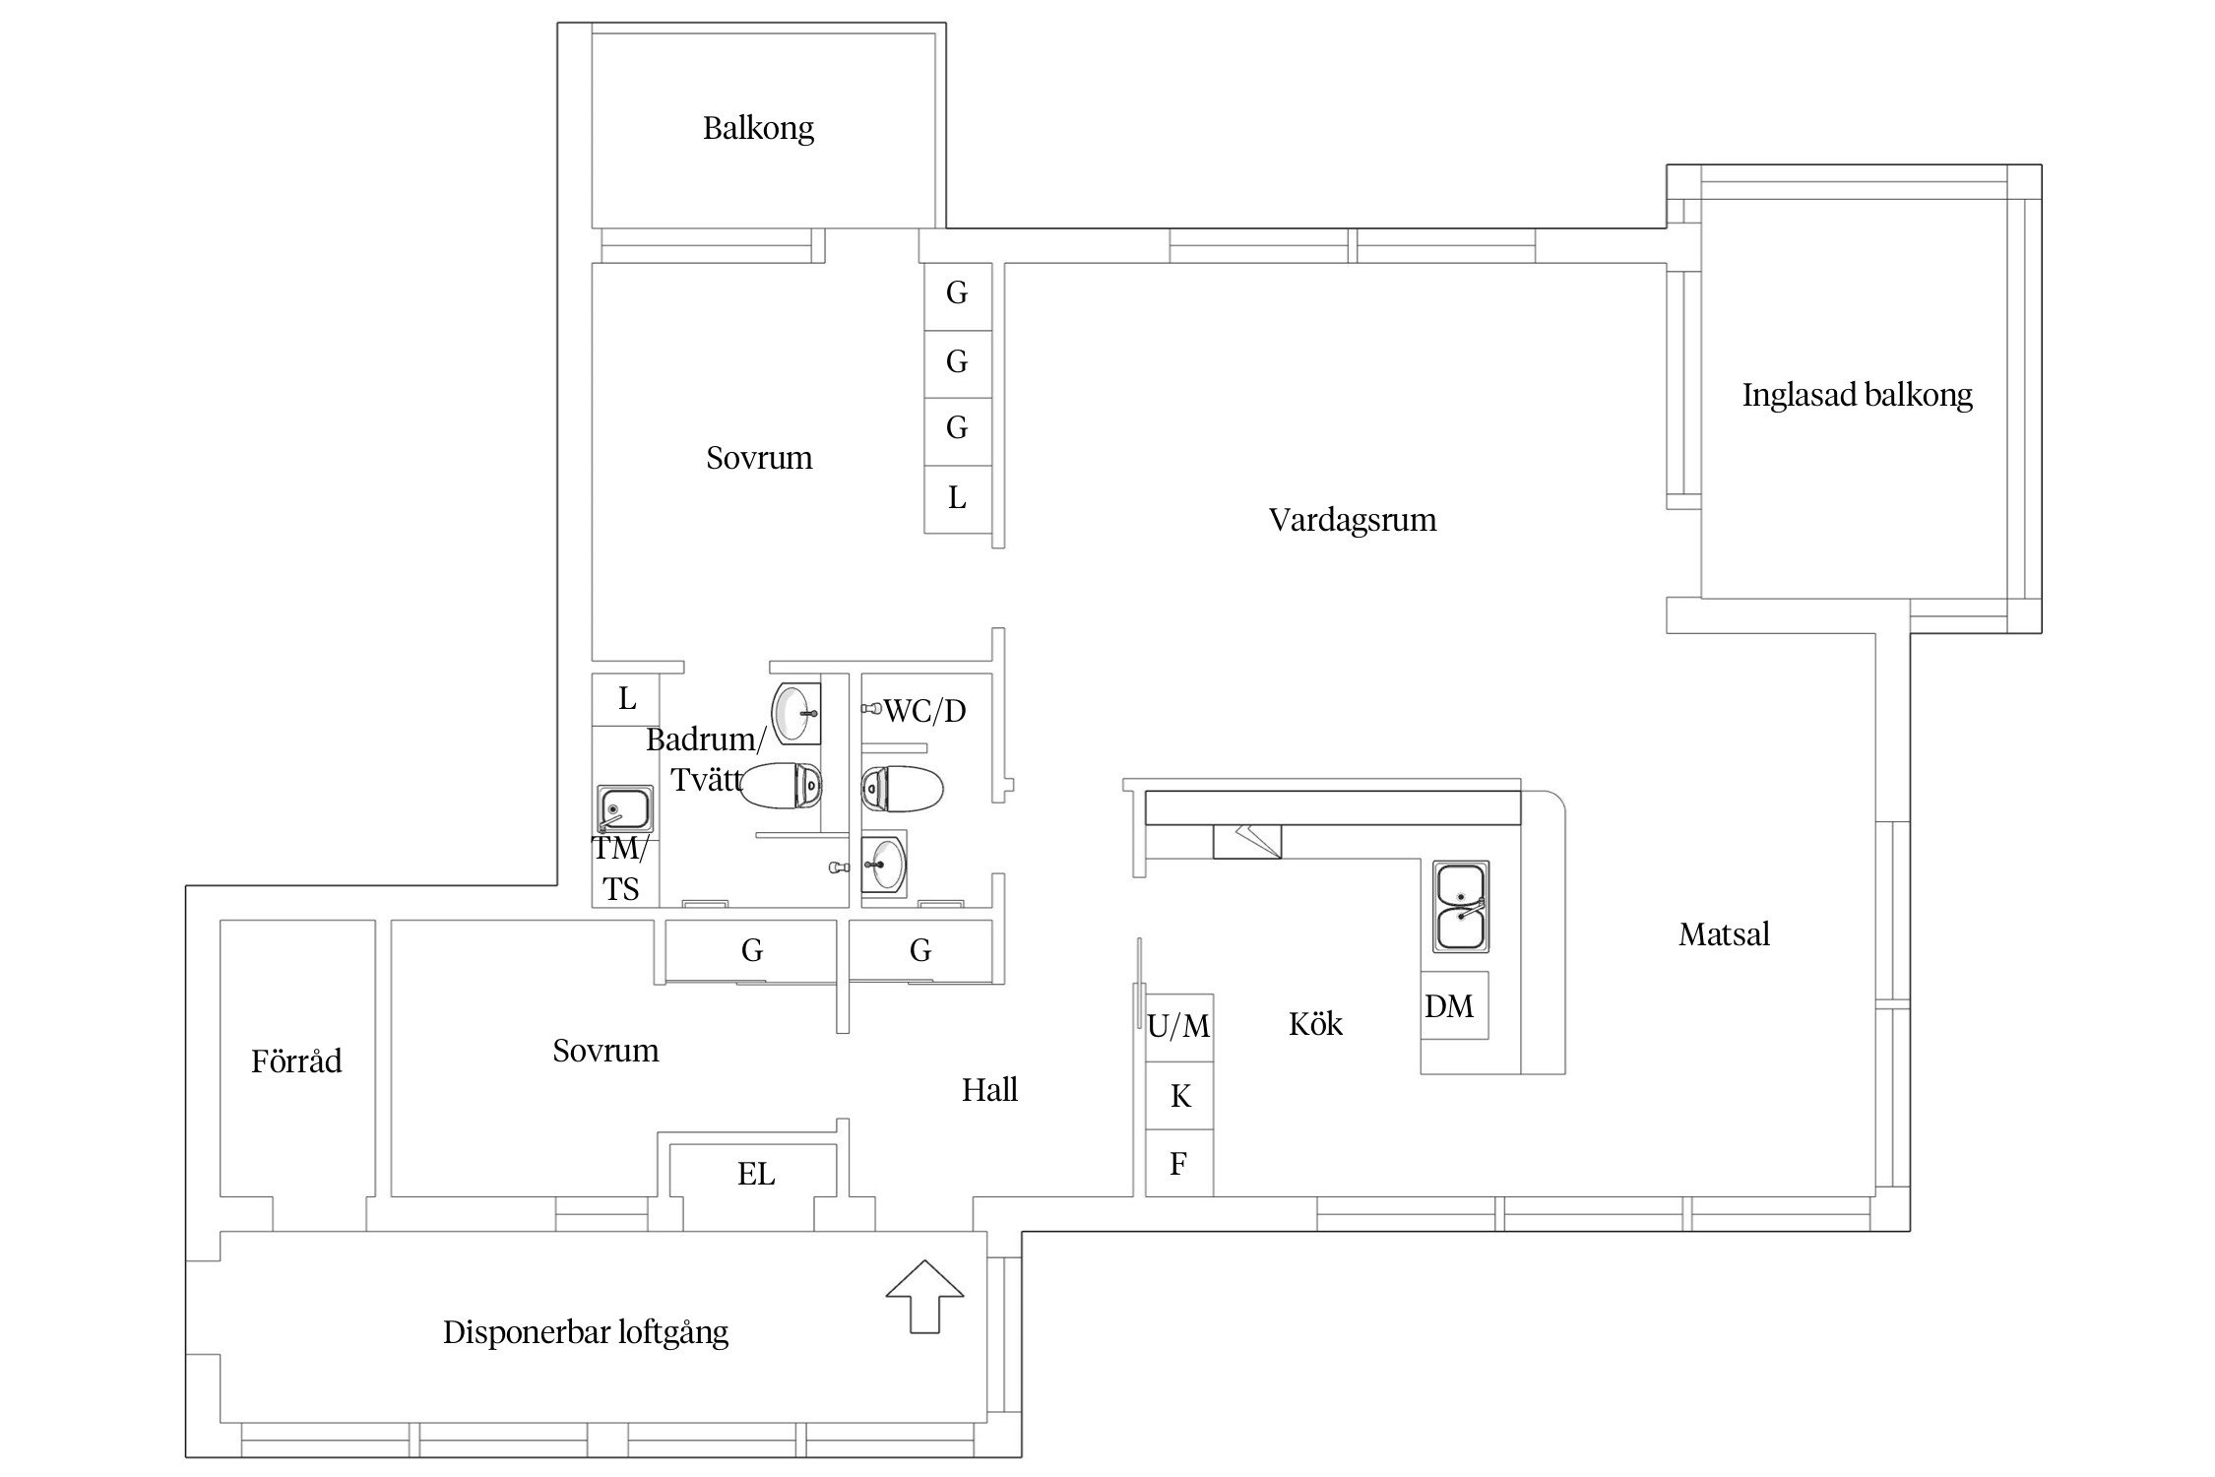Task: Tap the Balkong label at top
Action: pyautogui.click(x=758, y=129)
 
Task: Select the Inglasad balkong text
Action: pyautogui.click(x=1857, y=395)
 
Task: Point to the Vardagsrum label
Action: pyautogui.click(x=1352, y=520)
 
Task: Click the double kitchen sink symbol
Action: pyautogui.click(x=1461, y=907)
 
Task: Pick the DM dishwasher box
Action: pyautogui.click(x=1452, y=1005)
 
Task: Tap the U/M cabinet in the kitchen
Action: pyautogui.click(x=1178, y=1027)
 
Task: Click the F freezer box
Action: pyautogui.click(x=1178, y=1164)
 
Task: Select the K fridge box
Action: pyautogui.click(x=1179, y=1095)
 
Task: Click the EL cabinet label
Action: pyautogui.click(x=755, y=1174)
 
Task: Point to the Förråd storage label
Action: pyautogui.click(x=296, y=1061)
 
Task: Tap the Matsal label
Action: pyautogui.click(x=1724, y=934)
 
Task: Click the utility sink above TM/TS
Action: pyautogui.click(x=624, y=809)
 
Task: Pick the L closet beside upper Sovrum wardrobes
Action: pyautogui.click(x=957, y=499)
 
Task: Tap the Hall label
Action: pyautogui.click(x=989, y=1090)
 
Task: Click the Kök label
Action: pyautogui.click(x=1315, y=1025)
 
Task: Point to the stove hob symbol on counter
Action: pyautogui.click(x=1246, y=842)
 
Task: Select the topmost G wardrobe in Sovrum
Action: pyautogui.click(x=957, y=293)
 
